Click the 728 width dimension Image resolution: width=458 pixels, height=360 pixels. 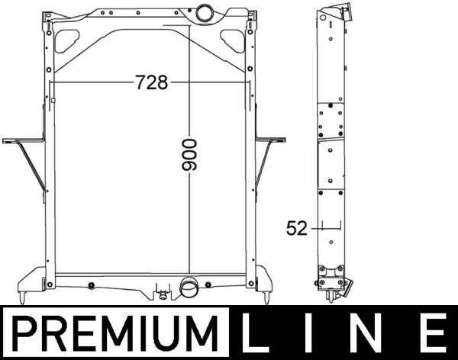pyautogui.click(x=151, y=82)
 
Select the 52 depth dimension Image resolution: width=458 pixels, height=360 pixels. pyautogui.click(x=297, y=227)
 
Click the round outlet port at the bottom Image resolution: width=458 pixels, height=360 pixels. pyautogui.click(x=189, y=288)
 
